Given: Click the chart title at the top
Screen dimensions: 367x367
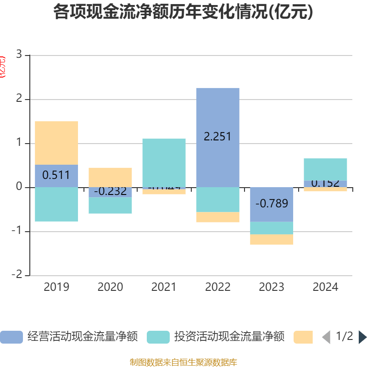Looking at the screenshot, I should pyautogui.click(x=183, y=12).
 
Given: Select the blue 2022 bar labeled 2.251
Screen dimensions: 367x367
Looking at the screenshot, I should pyautogui.click(x=217, y=115).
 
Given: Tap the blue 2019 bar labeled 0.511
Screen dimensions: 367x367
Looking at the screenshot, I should pyautogui.click(x=56, y=176).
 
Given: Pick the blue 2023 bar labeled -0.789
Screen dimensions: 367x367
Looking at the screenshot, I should pyautogui.click(x=272, y=204).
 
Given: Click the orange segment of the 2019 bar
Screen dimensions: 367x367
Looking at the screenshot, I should pyautogui.click(x=56, y=143).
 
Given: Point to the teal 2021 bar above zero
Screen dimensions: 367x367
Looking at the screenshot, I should pyautogui.click(x=164, y=163).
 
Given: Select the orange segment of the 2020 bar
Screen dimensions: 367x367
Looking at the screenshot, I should pyautogui.click(x=110, y=177).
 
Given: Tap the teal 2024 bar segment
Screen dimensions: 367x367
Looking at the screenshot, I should pyautogui.click(x=325, y=169).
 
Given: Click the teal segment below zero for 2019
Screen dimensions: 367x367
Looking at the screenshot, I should pyautogui.click(x=56, y=204).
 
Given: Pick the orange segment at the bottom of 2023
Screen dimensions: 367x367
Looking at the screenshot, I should pyautogui.click(x=272, y=239).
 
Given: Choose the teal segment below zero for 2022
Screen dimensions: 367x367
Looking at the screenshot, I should pyautogui.click(x=217, y=200).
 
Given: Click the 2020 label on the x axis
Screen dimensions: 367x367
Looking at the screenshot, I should pyautogui.click(x=110, y=287).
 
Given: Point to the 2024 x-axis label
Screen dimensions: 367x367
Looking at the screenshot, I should pyautogui.click(x=325, y=287).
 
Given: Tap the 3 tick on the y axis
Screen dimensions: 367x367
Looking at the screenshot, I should pyautogui.click(x=19, y=55).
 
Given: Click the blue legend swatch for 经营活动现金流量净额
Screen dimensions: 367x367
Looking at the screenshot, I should pyautogui.click(x=11, y=337).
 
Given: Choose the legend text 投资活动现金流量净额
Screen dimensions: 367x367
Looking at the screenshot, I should pyautogui.click(x=229, y=337).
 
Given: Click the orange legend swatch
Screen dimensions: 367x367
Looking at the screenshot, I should pyautogui.click(x=303, y=337).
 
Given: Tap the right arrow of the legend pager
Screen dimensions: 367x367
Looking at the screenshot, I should pyautogui.click(x=362, y=337).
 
